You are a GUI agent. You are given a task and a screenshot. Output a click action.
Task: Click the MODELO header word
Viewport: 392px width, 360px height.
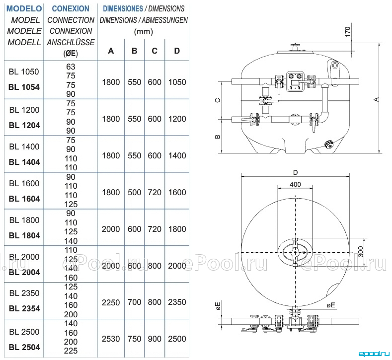pos(24,8)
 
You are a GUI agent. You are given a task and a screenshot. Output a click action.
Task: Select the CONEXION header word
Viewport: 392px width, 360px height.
pos(71,8)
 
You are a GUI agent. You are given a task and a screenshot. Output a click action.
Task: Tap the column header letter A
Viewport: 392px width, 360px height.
pos(111,51)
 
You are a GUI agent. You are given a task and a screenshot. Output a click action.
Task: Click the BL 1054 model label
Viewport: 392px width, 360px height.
pos(24,87)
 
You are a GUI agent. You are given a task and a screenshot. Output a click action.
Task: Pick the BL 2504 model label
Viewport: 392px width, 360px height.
pos(24,347)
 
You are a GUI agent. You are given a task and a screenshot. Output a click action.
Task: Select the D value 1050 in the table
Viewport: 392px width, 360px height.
pos(177,82)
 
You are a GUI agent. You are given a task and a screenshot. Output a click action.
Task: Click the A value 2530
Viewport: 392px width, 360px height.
pos(111,339)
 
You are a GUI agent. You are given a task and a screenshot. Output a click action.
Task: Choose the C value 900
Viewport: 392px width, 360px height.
pos(155,339)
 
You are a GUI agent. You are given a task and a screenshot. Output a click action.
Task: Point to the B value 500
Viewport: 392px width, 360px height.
pos(135,192)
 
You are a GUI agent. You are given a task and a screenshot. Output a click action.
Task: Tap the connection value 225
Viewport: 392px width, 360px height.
pos(71,351)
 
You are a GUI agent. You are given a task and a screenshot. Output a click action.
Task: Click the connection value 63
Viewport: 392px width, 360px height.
pos(71,67)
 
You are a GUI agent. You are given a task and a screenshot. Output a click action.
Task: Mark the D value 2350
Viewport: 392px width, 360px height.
pos(177,302)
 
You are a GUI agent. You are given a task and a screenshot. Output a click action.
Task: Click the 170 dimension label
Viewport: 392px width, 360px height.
pos(348,32)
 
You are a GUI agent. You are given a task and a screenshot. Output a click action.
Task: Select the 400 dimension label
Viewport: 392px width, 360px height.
pos(295,184)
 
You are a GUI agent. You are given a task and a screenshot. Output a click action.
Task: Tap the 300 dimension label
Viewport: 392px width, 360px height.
pos(361,252)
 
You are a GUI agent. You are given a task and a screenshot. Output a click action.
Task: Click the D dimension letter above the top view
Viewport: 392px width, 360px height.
pos(296,172)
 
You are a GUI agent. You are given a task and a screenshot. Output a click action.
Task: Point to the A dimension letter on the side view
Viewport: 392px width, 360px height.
pos(377,99)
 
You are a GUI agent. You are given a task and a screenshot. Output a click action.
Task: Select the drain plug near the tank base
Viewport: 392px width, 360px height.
pos(327,144)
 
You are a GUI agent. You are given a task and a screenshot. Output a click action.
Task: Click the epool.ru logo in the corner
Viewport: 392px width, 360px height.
pos(374,354)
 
